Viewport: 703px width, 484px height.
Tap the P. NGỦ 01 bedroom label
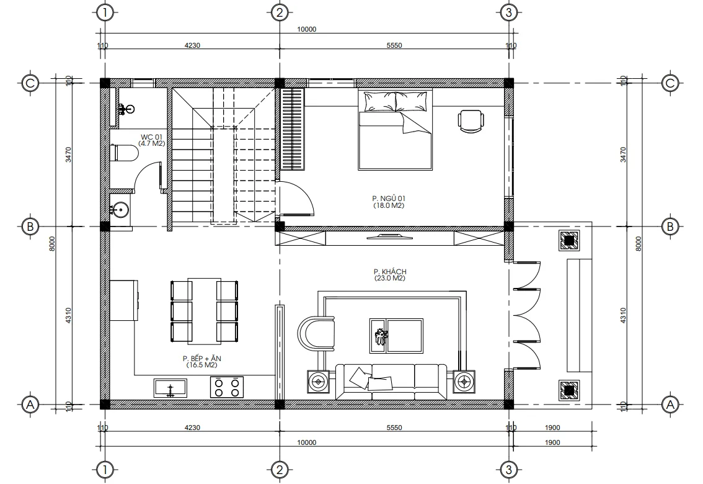[389, 199]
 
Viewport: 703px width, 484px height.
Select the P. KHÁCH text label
[389, 272]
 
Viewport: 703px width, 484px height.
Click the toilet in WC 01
[125, 153]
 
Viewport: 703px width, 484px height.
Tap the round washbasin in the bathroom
[120, 210]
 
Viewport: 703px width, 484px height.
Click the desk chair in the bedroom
[471, 120]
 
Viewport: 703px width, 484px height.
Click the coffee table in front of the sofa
[396, 336]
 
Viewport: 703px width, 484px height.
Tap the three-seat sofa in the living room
[391, 380]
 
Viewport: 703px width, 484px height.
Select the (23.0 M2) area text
[389, 279]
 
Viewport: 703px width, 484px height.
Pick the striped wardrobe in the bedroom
[293, 128]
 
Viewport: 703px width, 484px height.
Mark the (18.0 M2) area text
[389, 205]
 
